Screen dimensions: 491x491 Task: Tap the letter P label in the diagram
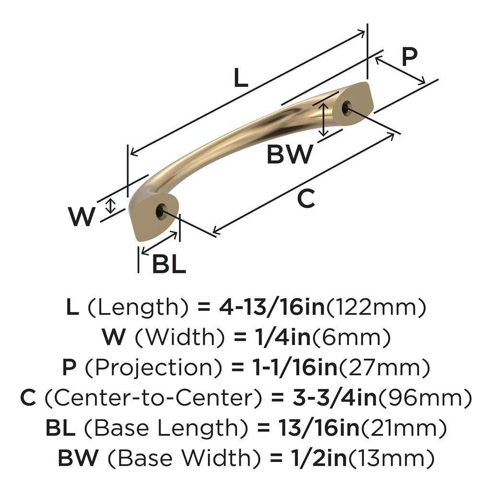409,57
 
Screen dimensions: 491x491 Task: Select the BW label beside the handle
290,154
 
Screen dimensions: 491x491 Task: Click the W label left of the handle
82,217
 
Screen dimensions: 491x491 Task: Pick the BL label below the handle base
169,264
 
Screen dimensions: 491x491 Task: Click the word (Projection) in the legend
153,368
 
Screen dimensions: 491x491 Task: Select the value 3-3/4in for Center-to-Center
331,398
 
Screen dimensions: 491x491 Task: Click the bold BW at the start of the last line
79,458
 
